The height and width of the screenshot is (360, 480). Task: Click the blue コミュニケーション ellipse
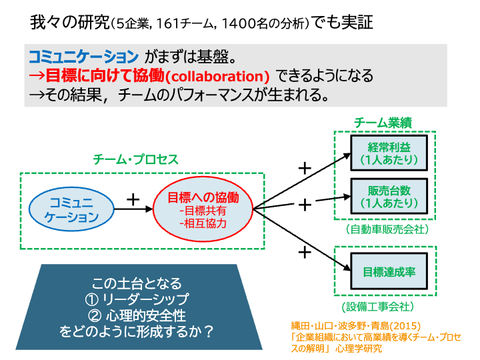point(71,208)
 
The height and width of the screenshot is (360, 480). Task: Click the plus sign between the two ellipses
point(133,199)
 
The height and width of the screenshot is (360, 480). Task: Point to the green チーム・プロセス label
point(135,160)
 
